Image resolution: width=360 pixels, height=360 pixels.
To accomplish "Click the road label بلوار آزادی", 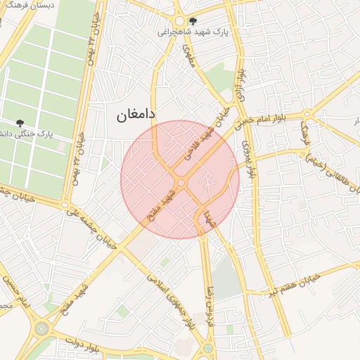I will coord(240,84).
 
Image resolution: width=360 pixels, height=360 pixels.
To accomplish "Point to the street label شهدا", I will coord(207,215).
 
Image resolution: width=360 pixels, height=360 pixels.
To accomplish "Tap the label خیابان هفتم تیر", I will coord(288,284).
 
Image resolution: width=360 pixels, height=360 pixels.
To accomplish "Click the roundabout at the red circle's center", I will coord(181,183).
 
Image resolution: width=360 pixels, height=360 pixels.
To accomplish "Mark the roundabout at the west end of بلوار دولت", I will coord(42,328).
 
